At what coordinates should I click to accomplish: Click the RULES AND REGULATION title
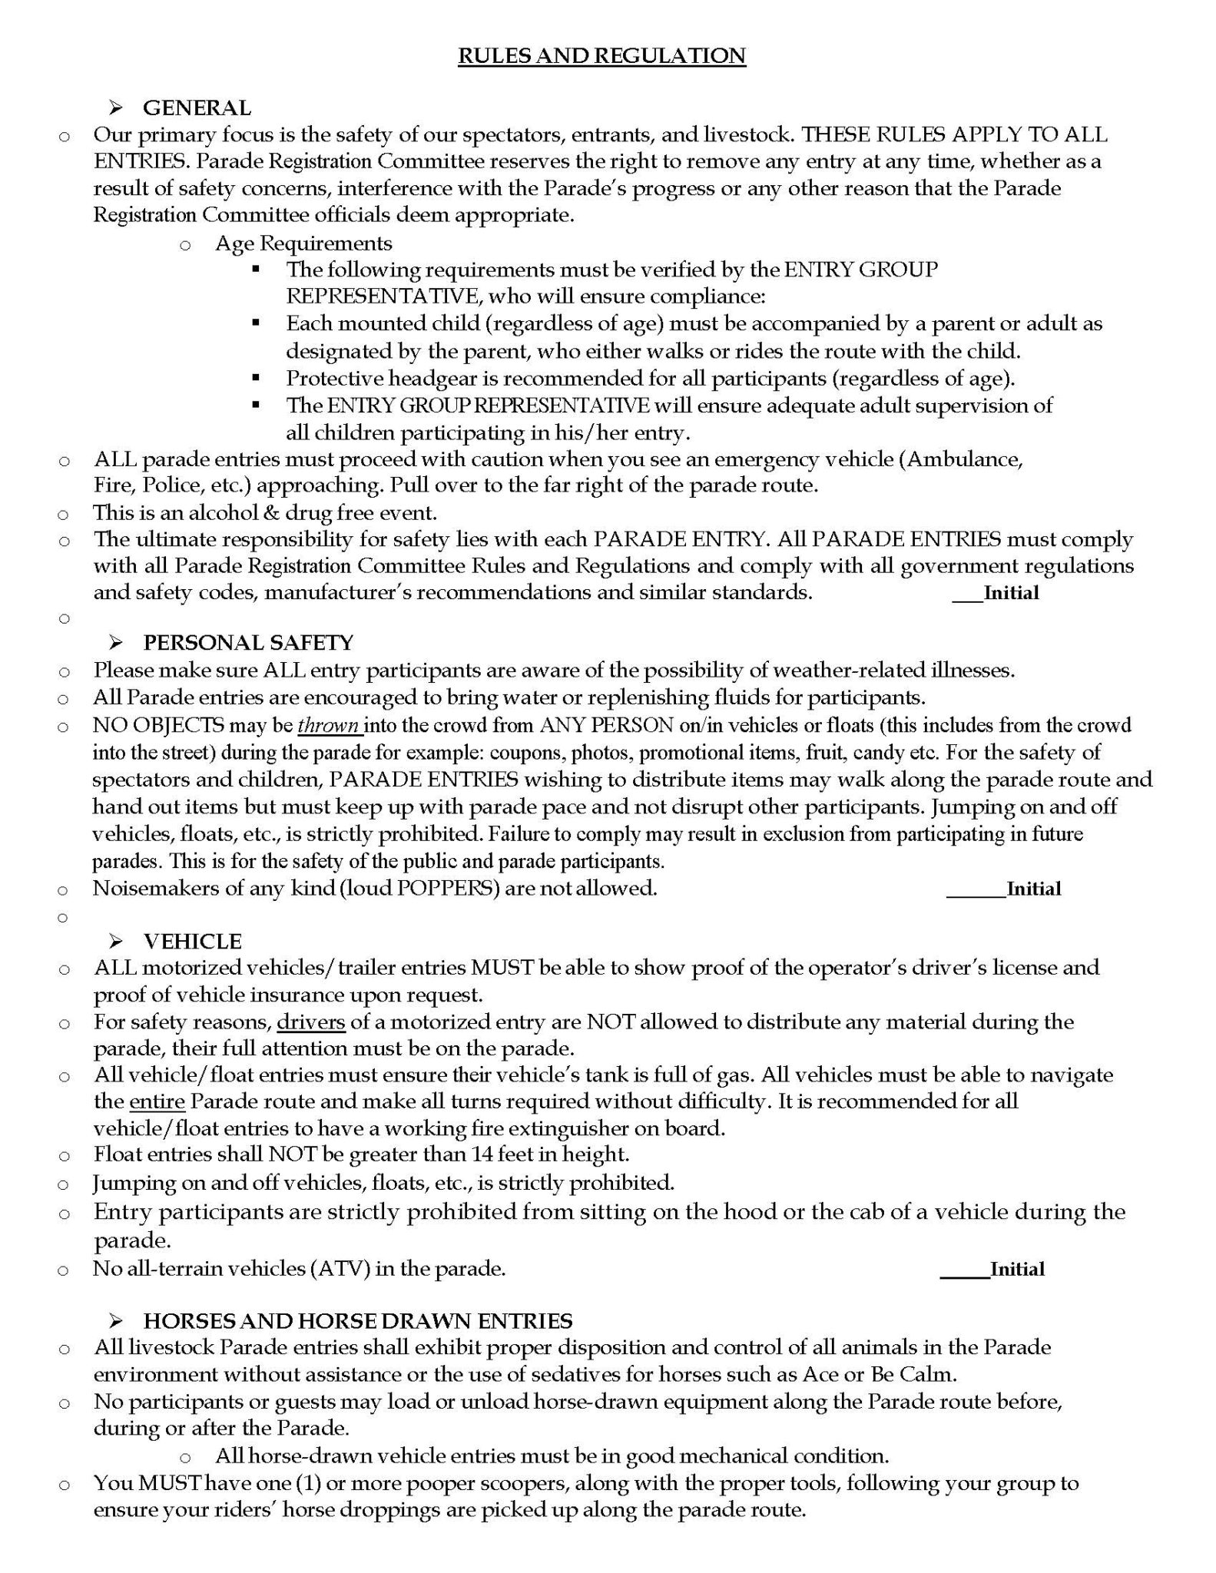(x=601, y=56)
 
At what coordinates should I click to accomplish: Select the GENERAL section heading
(x=197, y=108)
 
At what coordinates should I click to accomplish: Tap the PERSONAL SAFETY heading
(x=248, y=642)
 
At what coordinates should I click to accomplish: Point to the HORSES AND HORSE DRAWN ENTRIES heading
(x=358, y=1320)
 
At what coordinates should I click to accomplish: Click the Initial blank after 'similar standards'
(x=967, y=594)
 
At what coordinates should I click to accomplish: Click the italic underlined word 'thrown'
(x=329, y=726)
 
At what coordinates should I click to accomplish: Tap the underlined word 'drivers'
(x=310, y=1022)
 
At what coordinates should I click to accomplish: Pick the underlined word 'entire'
(x=157, y=1101)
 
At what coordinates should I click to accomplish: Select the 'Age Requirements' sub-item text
(x=303, y=243)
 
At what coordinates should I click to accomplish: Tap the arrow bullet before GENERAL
(x=117, y=108)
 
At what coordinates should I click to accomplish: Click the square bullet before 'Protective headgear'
(x=256, y=378)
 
